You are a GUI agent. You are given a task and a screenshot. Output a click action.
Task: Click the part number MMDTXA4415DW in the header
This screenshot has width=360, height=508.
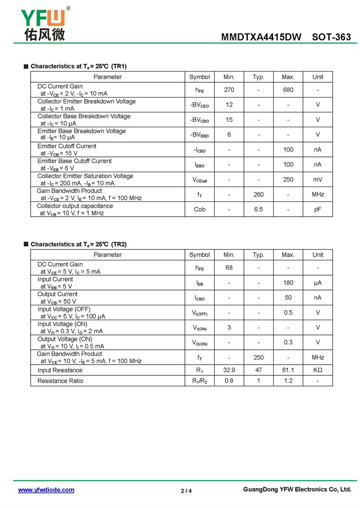[261, 37]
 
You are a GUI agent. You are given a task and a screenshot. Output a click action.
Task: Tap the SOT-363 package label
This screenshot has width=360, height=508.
[331, 37]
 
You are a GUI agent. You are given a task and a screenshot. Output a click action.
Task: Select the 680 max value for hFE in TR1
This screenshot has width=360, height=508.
[288, 90]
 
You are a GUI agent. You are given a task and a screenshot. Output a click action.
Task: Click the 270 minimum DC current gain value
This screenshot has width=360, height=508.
[229, 90]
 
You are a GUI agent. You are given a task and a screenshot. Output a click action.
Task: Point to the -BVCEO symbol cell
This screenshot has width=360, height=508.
[199, 105]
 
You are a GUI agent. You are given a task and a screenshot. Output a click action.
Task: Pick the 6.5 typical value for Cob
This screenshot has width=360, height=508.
[258, 209]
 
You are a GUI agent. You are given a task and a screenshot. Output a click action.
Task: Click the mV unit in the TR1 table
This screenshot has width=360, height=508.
[318, 179]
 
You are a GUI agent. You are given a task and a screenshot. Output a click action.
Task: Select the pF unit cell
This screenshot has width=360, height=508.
[318, 209]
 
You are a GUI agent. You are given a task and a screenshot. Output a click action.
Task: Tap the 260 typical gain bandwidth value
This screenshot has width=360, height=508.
[258, 194]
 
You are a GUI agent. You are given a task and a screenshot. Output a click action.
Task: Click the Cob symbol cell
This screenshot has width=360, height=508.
[199, 209]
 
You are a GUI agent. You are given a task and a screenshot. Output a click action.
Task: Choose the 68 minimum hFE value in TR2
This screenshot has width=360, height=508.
[229, 268]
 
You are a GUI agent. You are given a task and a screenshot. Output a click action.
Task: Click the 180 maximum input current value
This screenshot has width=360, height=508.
[288, 283]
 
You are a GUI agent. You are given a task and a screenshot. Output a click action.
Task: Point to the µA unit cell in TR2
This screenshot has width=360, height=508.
[318, 283]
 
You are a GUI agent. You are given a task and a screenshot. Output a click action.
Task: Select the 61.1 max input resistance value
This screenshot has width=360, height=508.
[288, 370]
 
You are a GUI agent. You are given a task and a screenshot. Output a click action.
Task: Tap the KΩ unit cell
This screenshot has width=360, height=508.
[318, 370]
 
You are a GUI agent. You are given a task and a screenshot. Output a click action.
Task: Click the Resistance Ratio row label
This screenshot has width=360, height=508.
[60, 381]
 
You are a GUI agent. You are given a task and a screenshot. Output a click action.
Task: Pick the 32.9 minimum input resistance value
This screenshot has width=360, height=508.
[229, 370]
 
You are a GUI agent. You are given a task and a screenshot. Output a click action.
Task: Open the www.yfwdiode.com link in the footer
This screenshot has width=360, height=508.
[46, 490]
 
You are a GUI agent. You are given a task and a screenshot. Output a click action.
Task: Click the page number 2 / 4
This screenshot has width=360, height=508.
[186, 491]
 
